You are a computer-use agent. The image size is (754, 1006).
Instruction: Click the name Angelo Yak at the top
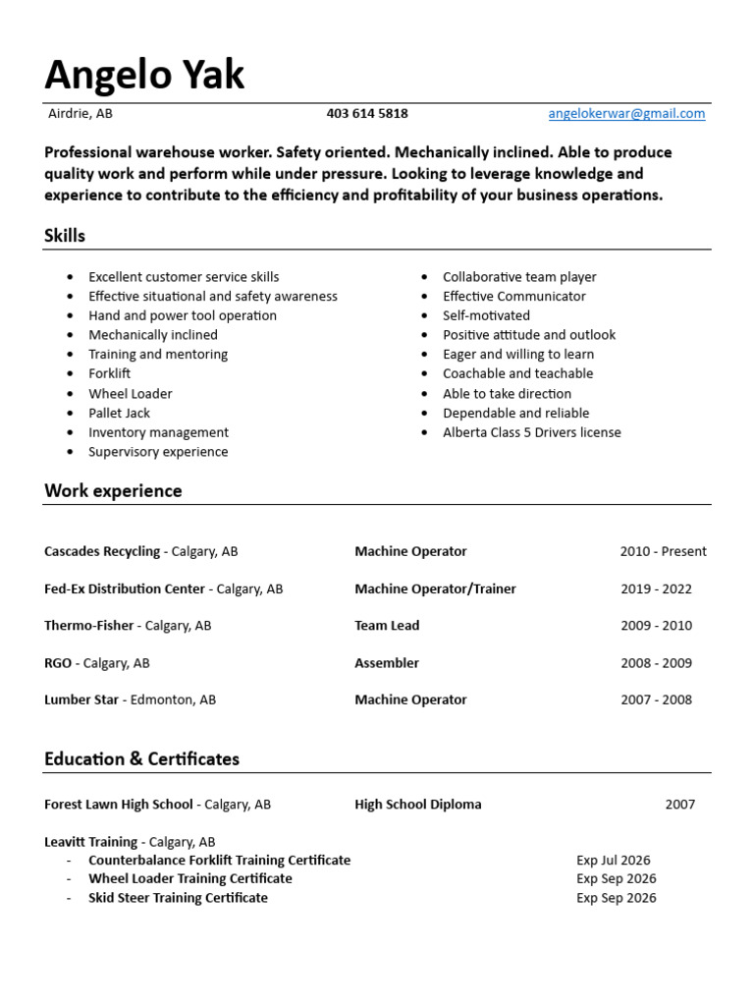(144, 75)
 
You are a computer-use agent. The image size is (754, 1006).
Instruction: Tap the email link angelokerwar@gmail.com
(626, 114)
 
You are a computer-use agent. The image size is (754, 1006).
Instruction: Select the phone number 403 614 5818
(367, 114)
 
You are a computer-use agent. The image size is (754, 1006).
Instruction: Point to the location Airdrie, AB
(81, 114)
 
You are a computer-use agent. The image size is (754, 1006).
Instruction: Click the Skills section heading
(65, 236)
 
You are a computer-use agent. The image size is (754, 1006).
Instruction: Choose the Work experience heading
(113, 491)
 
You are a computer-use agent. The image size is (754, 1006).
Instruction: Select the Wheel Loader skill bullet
(130, 394)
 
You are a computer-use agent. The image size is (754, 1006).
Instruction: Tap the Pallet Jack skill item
(119, 414)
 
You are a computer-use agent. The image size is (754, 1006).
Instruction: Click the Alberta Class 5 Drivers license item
(531, 432)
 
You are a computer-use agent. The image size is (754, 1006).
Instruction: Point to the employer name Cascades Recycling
(102, 552)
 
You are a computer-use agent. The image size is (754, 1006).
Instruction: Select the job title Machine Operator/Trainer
(435, 589)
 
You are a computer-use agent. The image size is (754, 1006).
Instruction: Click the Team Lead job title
(387, 626)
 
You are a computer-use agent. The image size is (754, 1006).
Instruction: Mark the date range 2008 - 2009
(656, 663)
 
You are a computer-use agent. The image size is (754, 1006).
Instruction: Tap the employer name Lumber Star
(81, 700)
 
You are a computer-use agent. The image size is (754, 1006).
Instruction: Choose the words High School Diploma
(418, 805)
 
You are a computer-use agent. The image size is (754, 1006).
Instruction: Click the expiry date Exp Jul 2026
(614, 861)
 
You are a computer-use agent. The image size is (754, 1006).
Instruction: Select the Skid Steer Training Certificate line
(178, 898)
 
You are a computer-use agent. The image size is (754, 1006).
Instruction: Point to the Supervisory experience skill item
(158, 452)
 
